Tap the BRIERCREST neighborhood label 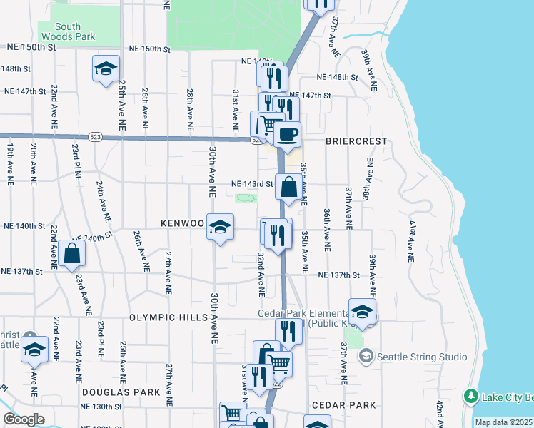[356, 141]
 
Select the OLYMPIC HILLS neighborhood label [166, 316]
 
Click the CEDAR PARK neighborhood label [343, 405]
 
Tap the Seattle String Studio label [422, 357]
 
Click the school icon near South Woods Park [106, 69]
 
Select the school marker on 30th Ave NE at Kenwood [221, 228]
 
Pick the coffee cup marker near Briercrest [287, 134]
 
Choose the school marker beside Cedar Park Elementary [362, 312]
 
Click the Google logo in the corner [24, 419]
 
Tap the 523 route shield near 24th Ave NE [96, 136]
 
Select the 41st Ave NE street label [412, 235]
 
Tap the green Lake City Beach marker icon [470, 395]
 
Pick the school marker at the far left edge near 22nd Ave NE [34, 350]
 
